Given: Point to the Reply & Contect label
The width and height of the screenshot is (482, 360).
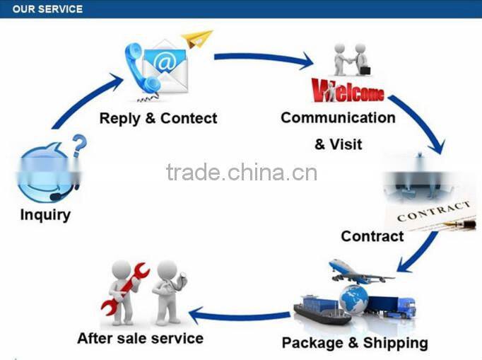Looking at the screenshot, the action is coord(158,118).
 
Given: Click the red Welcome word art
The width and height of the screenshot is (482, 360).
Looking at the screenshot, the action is coord(348,91).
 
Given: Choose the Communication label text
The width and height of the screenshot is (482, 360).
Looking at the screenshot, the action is coord(338,117).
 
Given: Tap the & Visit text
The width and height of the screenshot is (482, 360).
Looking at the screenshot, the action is coord(338,144).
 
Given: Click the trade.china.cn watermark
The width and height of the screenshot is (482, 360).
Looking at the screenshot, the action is coord(242,172).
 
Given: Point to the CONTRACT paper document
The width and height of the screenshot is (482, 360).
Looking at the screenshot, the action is coord(432,213).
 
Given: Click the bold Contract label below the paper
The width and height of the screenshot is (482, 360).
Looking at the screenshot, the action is coord(372,236).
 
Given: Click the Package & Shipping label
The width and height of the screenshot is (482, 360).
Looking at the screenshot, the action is coord(355,343).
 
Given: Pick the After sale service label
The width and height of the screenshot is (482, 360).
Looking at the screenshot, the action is coord(140,338).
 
